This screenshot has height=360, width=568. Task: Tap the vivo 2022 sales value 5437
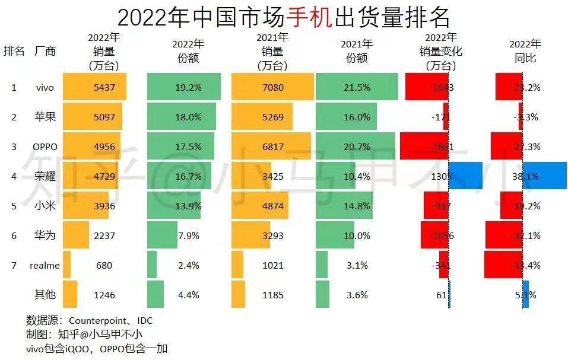point(104,88)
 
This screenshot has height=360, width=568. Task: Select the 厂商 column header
point(45,51)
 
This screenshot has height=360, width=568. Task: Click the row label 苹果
point(45,117)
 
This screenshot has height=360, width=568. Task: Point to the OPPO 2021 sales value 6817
point(273,146)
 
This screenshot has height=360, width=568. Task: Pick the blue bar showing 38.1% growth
point(544,176)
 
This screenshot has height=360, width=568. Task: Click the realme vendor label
point(45,265)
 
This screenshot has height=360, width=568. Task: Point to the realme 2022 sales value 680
point(104,265)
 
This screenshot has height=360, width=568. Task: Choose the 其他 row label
point(45,295)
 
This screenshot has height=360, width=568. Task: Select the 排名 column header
point(14,51)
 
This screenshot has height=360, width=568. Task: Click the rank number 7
point(14,265)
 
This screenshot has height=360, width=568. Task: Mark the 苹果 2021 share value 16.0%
point(357,117)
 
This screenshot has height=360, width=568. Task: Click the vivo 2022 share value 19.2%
point(189,88)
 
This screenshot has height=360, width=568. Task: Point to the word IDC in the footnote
point(145,321)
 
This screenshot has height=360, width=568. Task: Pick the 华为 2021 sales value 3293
point(273,235)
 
